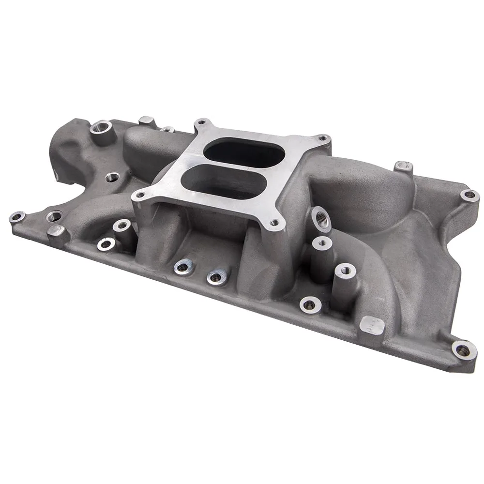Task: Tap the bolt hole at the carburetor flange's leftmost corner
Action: tap(140, 196)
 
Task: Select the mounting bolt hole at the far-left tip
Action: tap(16, 217)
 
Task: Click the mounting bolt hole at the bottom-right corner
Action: tap(463, 350)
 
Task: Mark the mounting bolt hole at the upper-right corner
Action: tap(469, 195)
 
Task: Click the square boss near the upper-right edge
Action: tap(403, 167)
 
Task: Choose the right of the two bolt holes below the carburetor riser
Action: tap(216, 276)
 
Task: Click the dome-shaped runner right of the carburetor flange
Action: tap(348, 194)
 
